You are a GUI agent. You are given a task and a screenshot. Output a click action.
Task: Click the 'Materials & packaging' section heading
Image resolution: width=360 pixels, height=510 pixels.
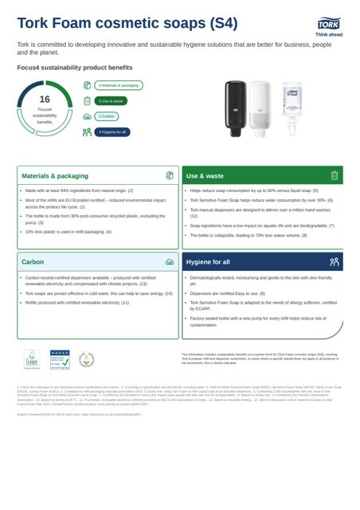pyautogui.click(x=55, y=175)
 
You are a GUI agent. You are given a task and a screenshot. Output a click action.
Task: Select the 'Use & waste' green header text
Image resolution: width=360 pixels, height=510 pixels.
pyautogui.click(x=205, y=175)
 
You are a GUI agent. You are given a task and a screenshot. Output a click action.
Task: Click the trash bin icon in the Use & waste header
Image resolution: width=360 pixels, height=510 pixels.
pyautogui.click(x=335, y=175)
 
